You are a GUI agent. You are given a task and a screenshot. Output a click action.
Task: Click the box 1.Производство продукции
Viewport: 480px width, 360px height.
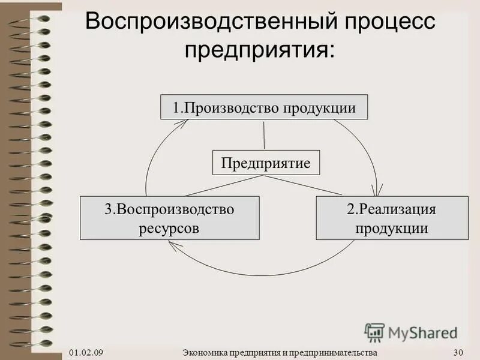(x=264, y=107)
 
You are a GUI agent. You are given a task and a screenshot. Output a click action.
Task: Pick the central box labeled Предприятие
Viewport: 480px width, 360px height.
(x=266, y=163)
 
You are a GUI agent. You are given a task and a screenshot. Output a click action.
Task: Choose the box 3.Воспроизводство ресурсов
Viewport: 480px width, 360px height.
(x=170, y=218)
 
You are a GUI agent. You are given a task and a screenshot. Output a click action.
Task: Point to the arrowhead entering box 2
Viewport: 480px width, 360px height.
(x=377, y=192)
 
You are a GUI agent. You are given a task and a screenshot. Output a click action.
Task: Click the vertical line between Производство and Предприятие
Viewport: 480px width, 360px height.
(x=264, y=135)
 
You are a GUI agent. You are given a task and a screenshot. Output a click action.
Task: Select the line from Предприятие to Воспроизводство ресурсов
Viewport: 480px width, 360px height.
(x=222, y=185)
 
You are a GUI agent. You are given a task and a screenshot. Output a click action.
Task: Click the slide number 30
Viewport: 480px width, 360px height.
(x=459, y=352)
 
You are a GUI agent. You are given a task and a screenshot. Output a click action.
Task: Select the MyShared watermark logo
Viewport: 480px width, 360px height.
(x=411, y=332)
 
